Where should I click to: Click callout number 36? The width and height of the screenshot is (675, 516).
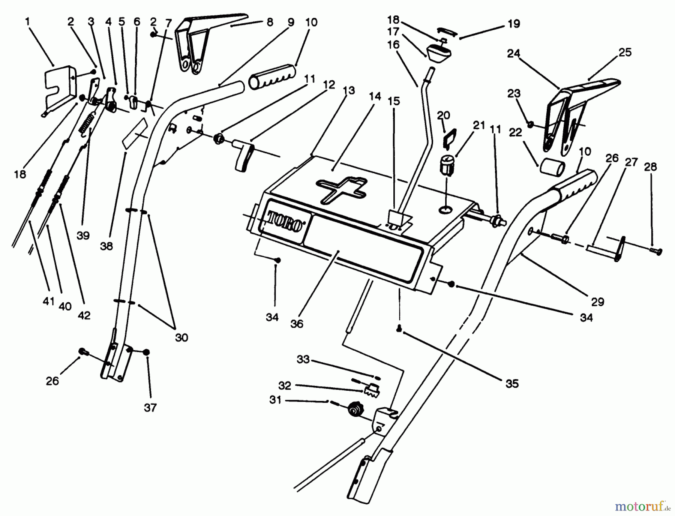tap(297, 324)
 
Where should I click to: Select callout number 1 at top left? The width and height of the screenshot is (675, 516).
tap(27, 22)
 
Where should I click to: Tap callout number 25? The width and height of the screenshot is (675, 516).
tap(625, 52)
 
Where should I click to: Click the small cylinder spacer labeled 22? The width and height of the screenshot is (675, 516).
tap(552, 167)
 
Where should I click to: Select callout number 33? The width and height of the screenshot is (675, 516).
tap(303, 360)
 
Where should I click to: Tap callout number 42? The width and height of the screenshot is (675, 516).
tap(84, 315)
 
